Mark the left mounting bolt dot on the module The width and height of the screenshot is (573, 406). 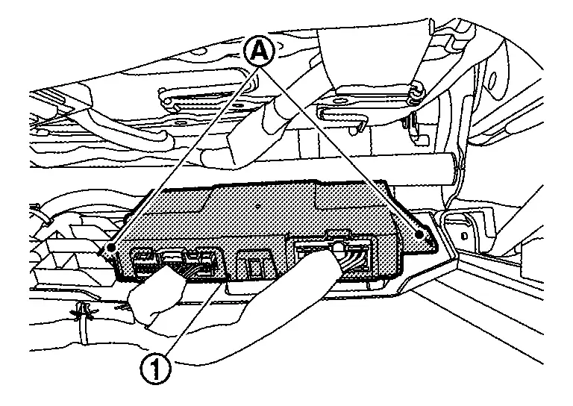pyautogui.click(x=110, y=245)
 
